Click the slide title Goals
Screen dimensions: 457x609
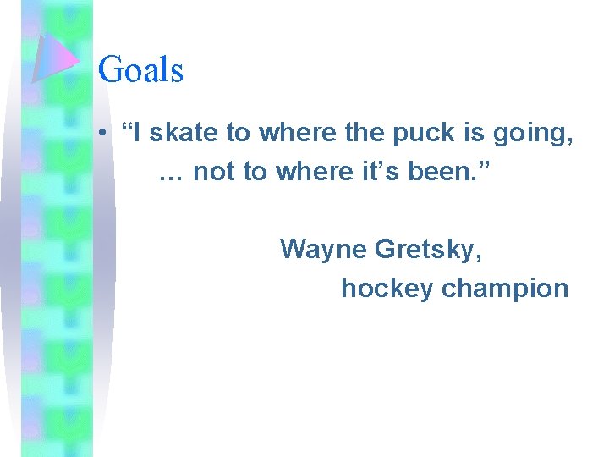tap(140, 69)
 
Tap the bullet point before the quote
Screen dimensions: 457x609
tap(101, 133)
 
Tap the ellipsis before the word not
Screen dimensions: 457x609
tap(172, 173)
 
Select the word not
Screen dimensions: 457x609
tap(213, 173)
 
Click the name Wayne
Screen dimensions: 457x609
tap(323, 249)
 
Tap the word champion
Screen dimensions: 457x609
tap(505, 289)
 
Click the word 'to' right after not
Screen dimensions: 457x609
tap(255, 173)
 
